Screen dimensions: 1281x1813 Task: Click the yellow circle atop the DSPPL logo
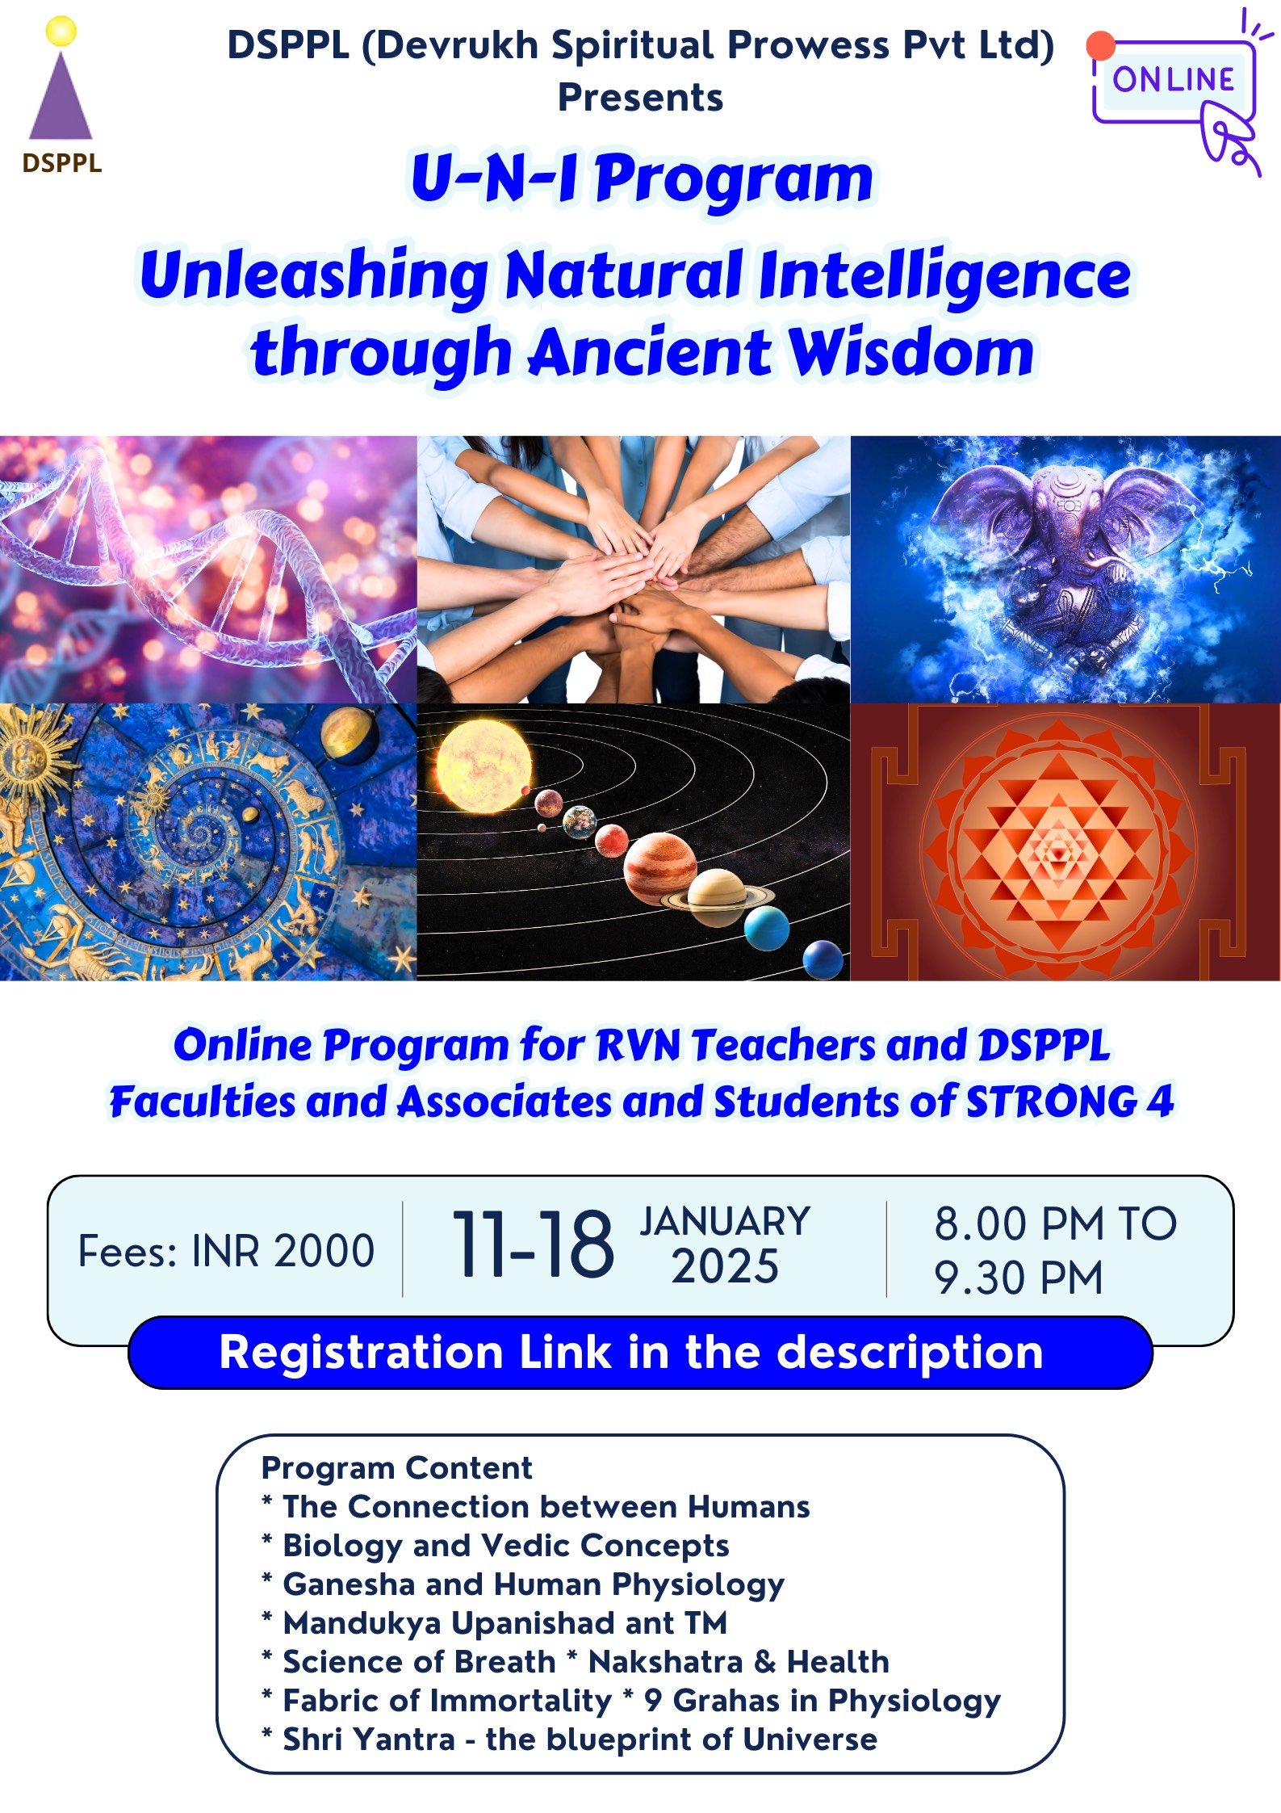[x=61, y=31]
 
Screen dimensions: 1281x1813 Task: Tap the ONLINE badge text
[x=1173, y=79]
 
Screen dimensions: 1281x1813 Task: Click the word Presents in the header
[x=640, y=98]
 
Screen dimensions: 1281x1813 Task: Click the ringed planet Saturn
[x=718, y=896]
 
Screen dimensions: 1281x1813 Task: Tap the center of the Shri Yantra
[x=1057, y=852]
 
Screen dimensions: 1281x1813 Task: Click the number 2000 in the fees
[x=324, y=1251]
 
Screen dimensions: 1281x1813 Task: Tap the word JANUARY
[x=725, y=1221]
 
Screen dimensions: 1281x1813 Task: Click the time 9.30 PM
[x=1018, y=1278]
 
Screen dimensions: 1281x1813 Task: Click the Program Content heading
[x=396, y=1467]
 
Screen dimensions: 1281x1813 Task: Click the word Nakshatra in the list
[x=665, y=1661]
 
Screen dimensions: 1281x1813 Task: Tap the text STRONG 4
[x=1070, y=1102]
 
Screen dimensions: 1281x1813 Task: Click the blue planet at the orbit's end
[x=823, y=960]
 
